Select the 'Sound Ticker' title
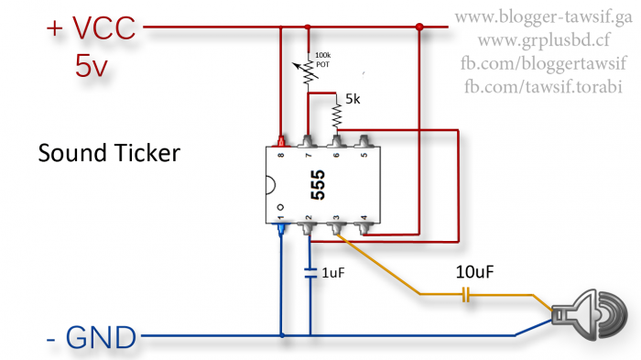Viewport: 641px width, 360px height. [x=108, y=153]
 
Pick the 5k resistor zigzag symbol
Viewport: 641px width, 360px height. [x=337, y=115]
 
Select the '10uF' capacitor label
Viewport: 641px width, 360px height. [x=476, y=272]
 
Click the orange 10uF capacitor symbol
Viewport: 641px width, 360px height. [x=465, y=295]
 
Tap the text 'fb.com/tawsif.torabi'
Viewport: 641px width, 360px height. [x=544, y=86]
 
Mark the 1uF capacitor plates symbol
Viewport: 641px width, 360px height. [x=310, y=272]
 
